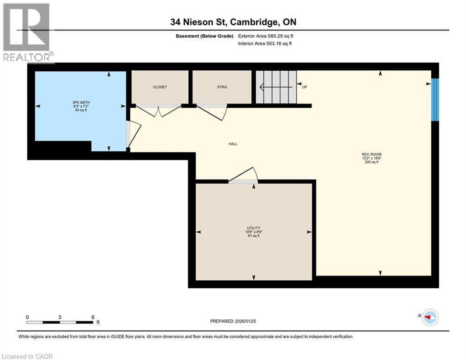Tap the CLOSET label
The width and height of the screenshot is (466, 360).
pos(160,87)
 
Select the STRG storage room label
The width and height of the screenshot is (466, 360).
pos(222,87)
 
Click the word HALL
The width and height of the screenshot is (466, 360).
pos(233,144)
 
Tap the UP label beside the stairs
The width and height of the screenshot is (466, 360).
pos(304,87)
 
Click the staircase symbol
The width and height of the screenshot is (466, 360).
pos(276,87)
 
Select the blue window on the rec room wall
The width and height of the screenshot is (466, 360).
pos(435,99)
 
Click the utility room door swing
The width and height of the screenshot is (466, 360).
pos(244,175)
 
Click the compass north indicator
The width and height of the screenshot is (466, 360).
pos(429,317)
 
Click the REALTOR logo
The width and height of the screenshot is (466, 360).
pos(28,33)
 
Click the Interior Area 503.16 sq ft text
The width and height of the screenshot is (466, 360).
pos(265,44)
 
